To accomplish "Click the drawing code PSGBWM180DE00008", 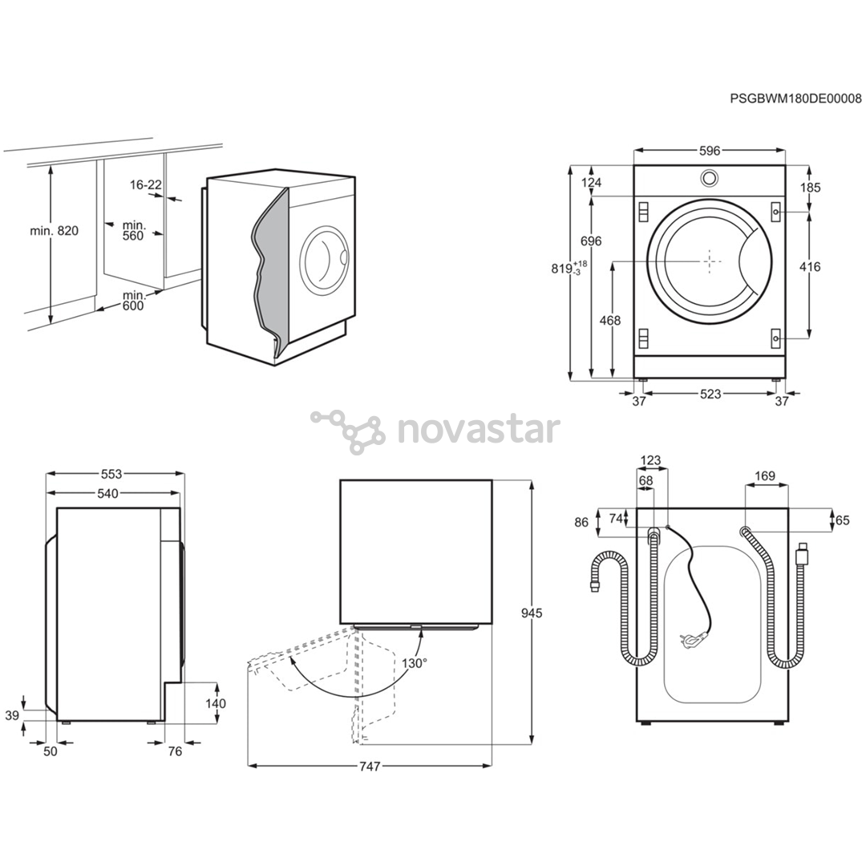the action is (796, 99).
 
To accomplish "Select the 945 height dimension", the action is (532, 613).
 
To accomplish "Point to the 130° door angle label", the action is (415, 663).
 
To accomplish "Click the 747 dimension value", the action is (370, 767).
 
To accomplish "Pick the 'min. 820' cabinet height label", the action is (55, 231).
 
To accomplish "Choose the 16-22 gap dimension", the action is (146, 185).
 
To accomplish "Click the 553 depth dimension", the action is (111, 474).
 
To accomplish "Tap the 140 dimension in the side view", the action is (216, 704).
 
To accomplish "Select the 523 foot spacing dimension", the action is (710, 394).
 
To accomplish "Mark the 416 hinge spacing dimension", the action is (810, 267).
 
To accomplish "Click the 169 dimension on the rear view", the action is (764, 476).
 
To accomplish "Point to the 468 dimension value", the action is (609, 320).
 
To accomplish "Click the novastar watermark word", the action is (478, 429).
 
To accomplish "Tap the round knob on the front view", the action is (709, 178).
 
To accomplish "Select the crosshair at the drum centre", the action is (709, 261).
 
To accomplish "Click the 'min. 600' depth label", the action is (132, 300).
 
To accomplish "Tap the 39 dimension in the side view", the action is (12, 716).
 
